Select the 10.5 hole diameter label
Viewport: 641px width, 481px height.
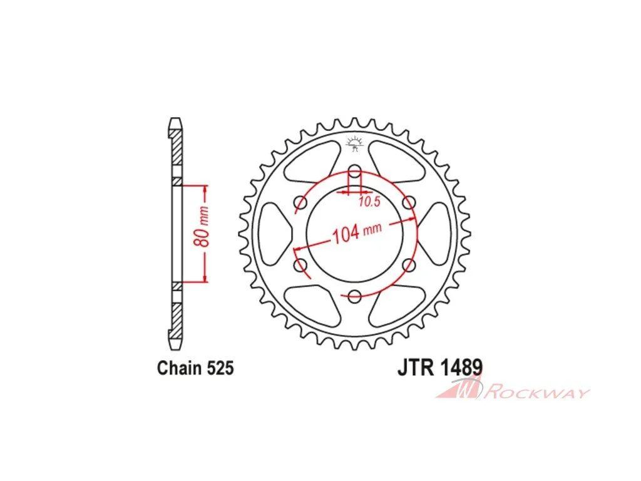pyautogui.click(x=370, y=201)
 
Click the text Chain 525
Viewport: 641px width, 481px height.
pyautogui.click(x=195, y=368)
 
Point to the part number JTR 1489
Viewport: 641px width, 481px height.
pyautogui.click(x=440, y=367)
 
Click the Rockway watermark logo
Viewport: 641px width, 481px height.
pyautogui.click(x=512, y=388)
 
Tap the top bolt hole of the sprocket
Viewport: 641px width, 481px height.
pyautogui.click(x=355, y=172)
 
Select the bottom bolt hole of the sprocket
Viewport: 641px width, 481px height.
pyautogui.click(x=355, y=296)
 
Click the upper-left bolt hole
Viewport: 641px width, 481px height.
pyautogui.click(x=301, y=202)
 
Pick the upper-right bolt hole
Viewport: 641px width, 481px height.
pyautogui.click(x=409, y=202)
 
